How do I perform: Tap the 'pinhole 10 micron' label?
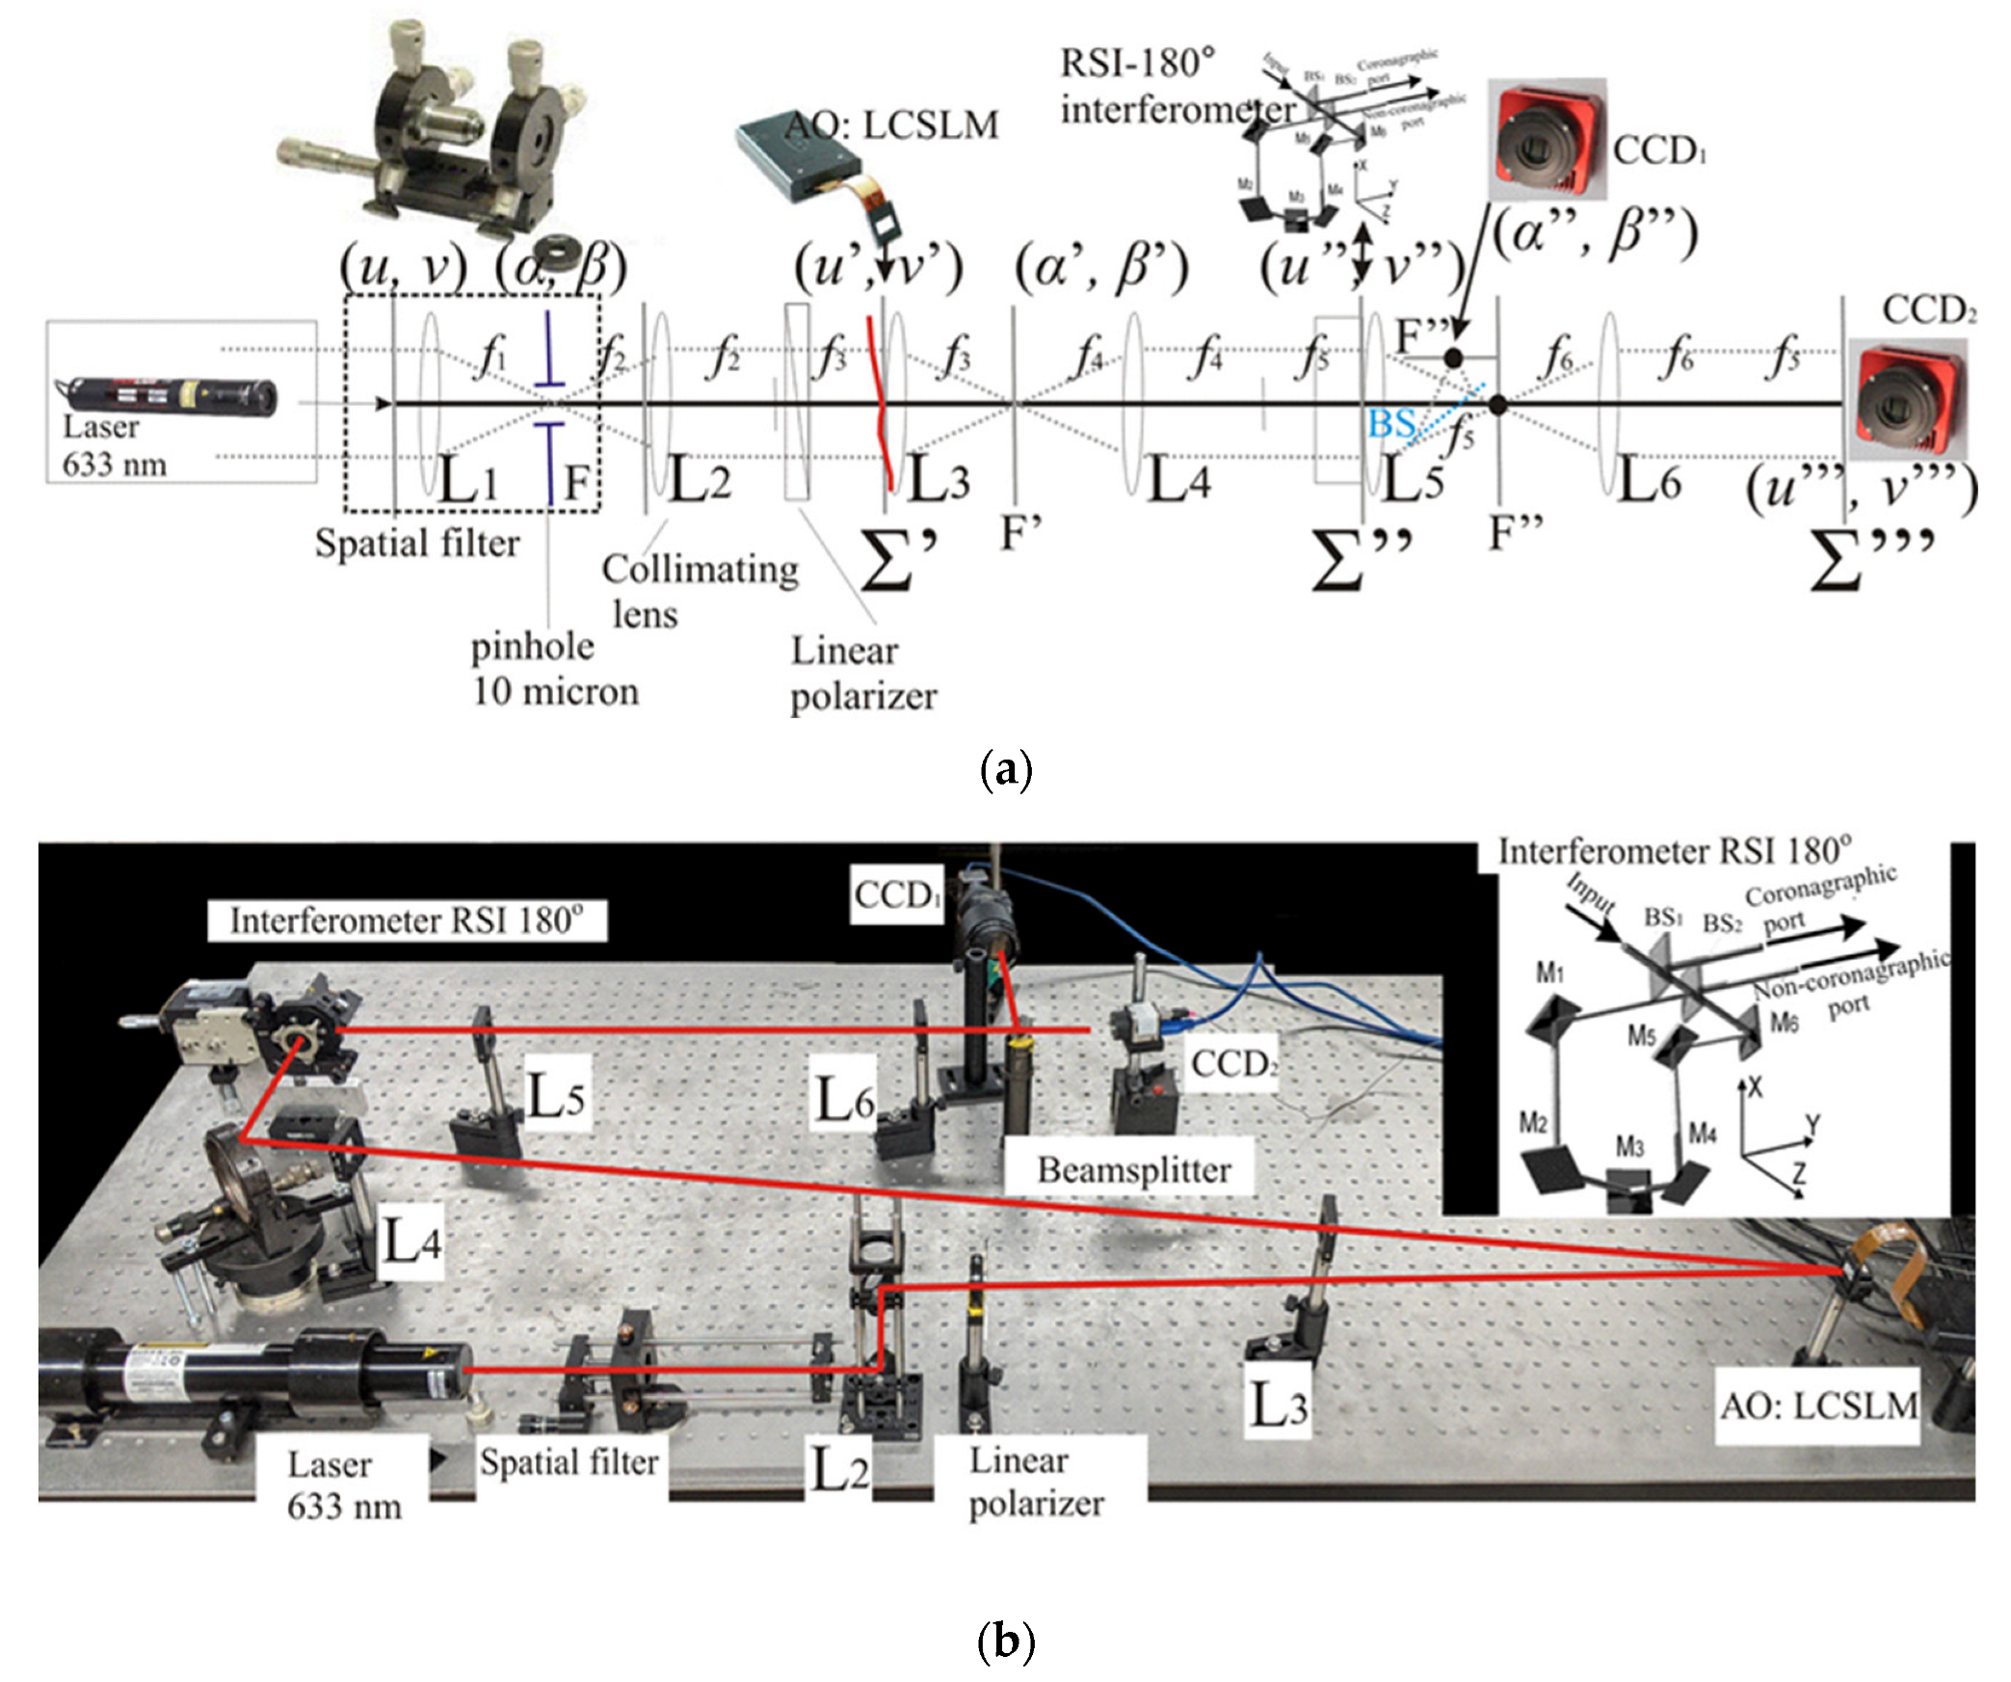[x=554, y=669]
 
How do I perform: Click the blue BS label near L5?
[x=1390, y=423]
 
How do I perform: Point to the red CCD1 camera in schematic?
[x=1546, y=141]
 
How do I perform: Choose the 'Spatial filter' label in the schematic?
[x=416, y=544]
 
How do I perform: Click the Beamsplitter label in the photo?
[x=1133, y=1169]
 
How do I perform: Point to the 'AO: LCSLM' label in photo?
[x=1818, y=1405]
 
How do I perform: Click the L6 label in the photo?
[x=844, y=1099]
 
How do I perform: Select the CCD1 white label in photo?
[x=896, y=895]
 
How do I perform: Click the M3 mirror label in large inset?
[x=1629, y=1147]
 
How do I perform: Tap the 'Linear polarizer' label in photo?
[x=1036, y=1482]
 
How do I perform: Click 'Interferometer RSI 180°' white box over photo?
[x=407, y=921]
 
